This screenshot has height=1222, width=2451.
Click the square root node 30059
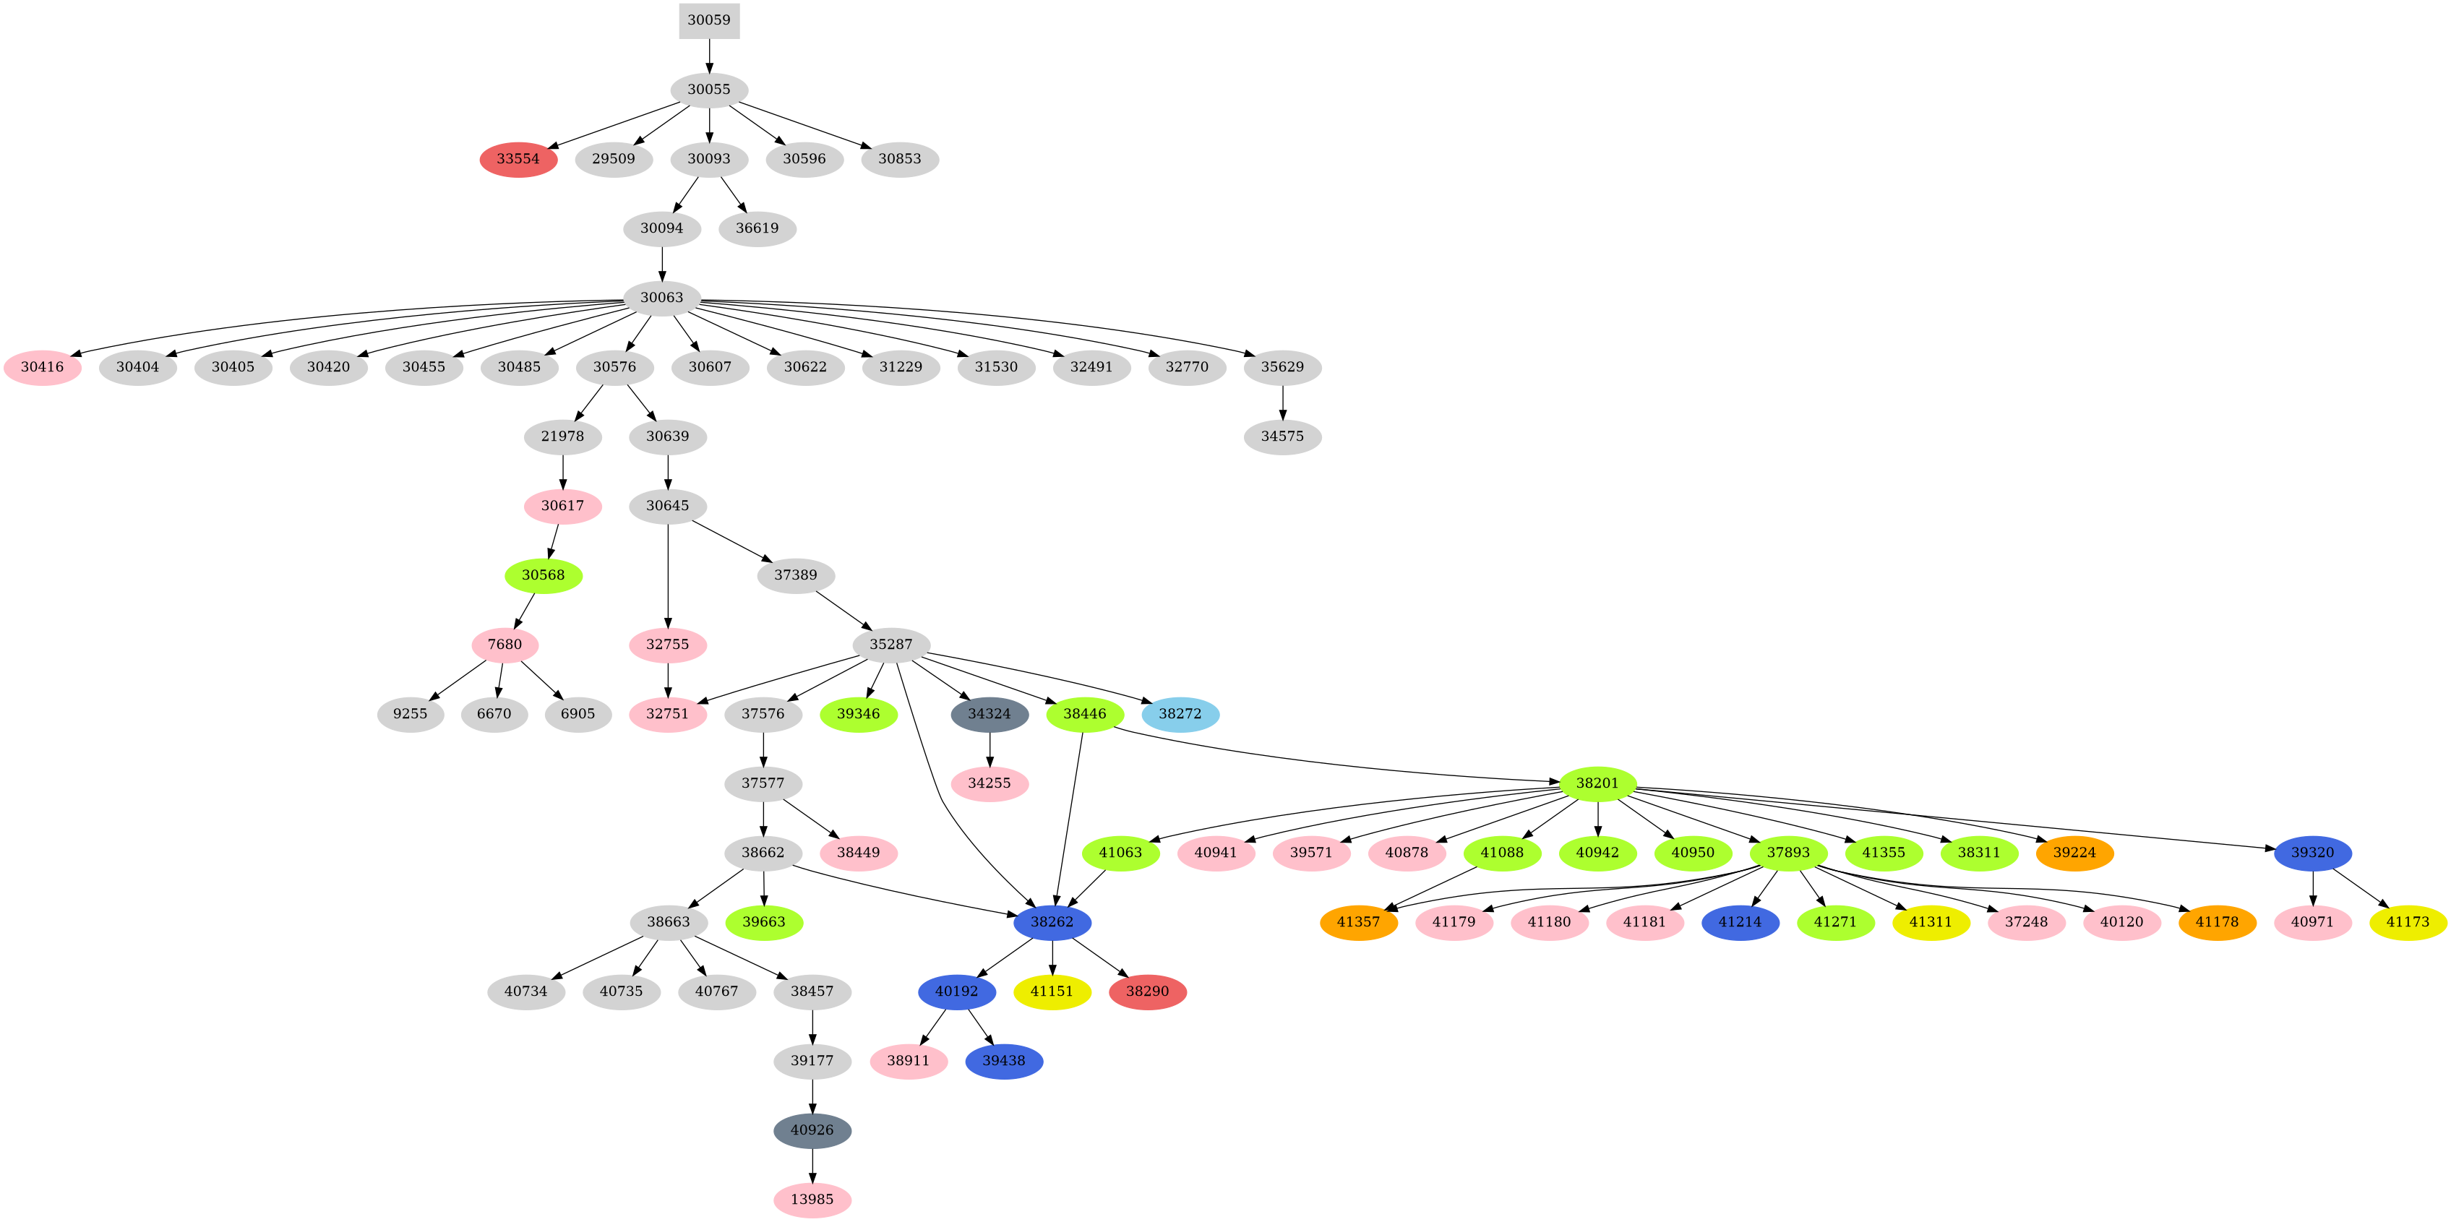pos(709,20)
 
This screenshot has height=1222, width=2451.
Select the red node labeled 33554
pos(518,159)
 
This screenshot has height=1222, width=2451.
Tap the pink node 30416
pos(42,367)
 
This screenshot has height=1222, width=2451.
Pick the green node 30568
pos(544,575)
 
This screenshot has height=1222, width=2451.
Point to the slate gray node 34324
pos(990,714)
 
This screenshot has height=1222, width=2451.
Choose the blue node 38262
pos(1052,922)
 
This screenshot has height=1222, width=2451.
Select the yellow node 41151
pos(1052,992)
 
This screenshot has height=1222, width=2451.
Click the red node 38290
pos(1148,992)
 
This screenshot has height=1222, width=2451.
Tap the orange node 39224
pos(2074,853)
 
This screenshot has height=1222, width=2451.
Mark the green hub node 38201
pos(1597,783)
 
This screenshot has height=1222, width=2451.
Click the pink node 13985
pos(812,1200)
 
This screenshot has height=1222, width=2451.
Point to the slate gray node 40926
pos(812,1131)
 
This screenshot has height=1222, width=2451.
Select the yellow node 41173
pos(2408,922)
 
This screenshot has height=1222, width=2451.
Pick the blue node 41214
pos(1740,922)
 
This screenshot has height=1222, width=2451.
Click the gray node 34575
pos(1282,436)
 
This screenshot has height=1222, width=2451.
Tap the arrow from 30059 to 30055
pos(709,55)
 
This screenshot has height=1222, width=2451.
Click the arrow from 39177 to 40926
pos(812,1096)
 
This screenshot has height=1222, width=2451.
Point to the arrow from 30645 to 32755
pos(668,575)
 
